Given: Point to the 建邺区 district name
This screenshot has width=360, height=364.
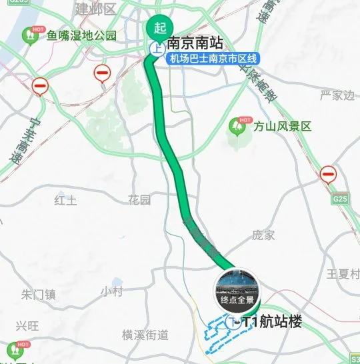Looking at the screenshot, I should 95,9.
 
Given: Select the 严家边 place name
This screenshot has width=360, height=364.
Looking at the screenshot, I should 337,95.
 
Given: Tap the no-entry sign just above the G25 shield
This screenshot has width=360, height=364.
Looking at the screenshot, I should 328,175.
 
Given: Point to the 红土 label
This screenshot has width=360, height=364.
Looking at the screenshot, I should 66,199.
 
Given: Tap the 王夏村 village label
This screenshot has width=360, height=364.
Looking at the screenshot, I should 343,274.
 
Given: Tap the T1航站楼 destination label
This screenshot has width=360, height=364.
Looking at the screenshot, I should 273,322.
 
